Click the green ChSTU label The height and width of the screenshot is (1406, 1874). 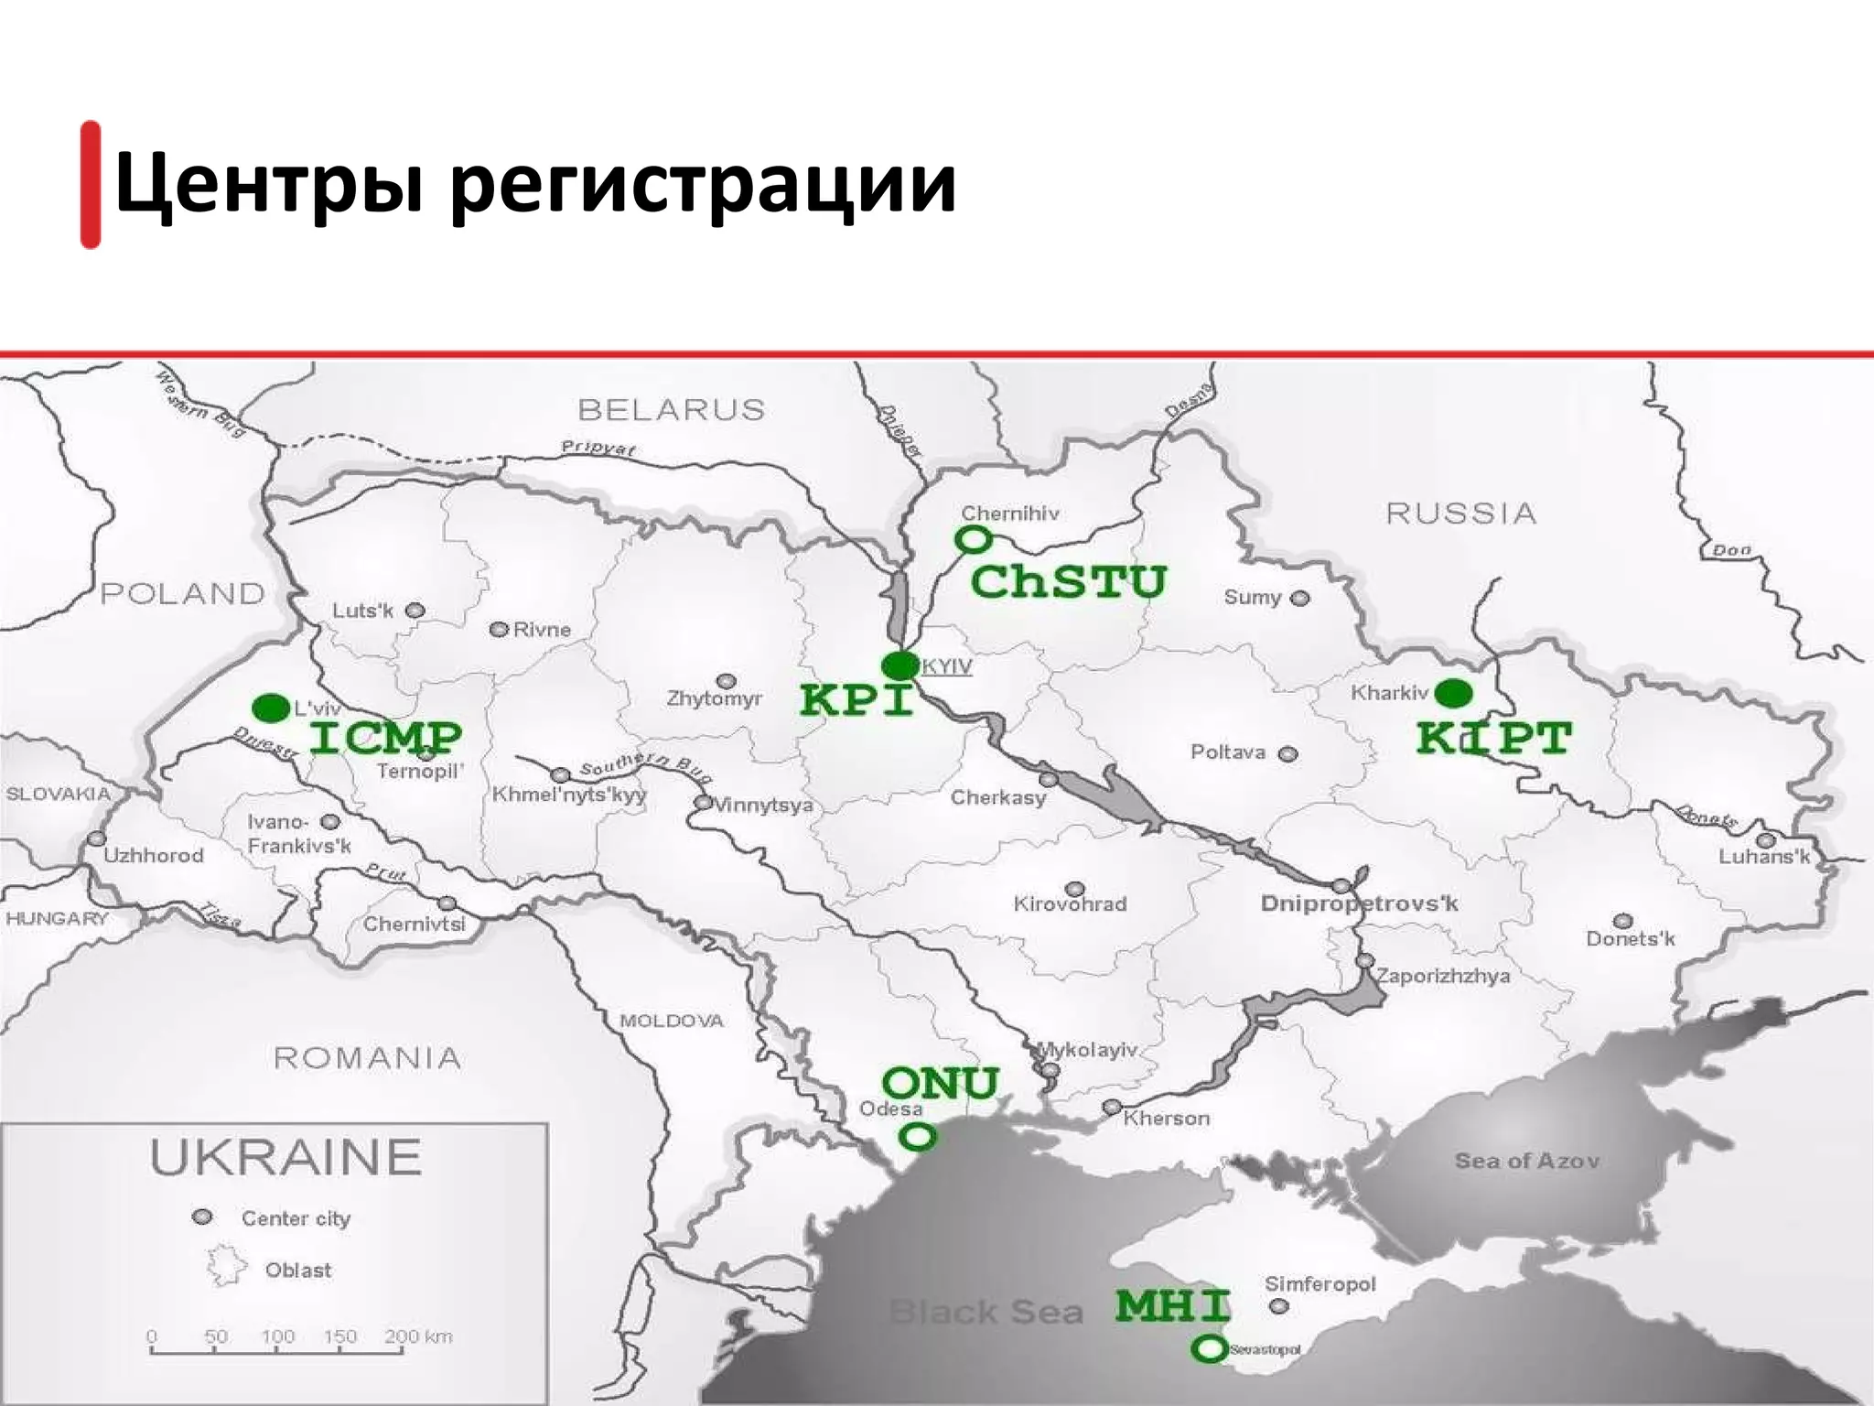click(1068, 582)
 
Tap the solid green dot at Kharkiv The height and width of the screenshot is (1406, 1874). click(1453, 694)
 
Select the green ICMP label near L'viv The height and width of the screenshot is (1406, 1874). click(385, 738)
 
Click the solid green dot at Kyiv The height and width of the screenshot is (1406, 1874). click(900, 665)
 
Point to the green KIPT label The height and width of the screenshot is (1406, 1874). click(1493, 738)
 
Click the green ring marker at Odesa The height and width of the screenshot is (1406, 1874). click(918, 1137)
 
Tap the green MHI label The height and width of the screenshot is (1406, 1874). click(1172, 1305)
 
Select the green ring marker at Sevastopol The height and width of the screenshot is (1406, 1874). click(1210, 1347)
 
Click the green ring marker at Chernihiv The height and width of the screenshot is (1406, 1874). click(974, 540)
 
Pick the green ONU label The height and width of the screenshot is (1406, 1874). click(940, 1084)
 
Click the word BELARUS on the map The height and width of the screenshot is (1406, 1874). click(672, 409)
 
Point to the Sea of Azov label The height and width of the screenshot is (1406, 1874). click(1526, 1161)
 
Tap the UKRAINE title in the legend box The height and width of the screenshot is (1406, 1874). click(286, 1157)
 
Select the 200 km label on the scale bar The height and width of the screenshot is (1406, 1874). click(418, 1336)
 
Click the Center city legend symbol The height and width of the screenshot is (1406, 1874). click(203, 1217)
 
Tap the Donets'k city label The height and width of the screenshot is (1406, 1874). click(1630, 938)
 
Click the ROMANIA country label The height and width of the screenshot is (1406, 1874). click(367, 1058)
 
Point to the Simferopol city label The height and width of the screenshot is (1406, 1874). click(1319, 1284)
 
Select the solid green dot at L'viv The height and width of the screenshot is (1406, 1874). click(271, 708)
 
